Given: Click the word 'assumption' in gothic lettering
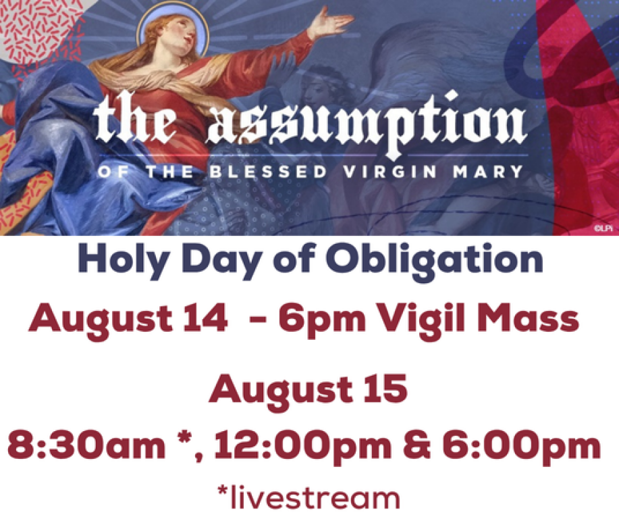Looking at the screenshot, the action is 367,122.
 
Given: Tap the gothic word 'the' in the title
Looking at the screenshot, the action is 135,118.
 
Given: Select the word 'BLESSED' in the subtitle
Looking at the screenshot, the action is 268,172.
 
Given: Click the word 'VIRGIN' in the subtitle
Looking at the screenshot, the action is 390,172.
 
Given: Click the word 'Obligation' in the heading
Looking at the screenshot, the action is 435,260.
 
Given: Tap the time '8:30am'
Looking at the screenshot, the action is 86,445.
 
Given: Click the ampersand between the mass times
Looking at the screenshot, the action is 417,445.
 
